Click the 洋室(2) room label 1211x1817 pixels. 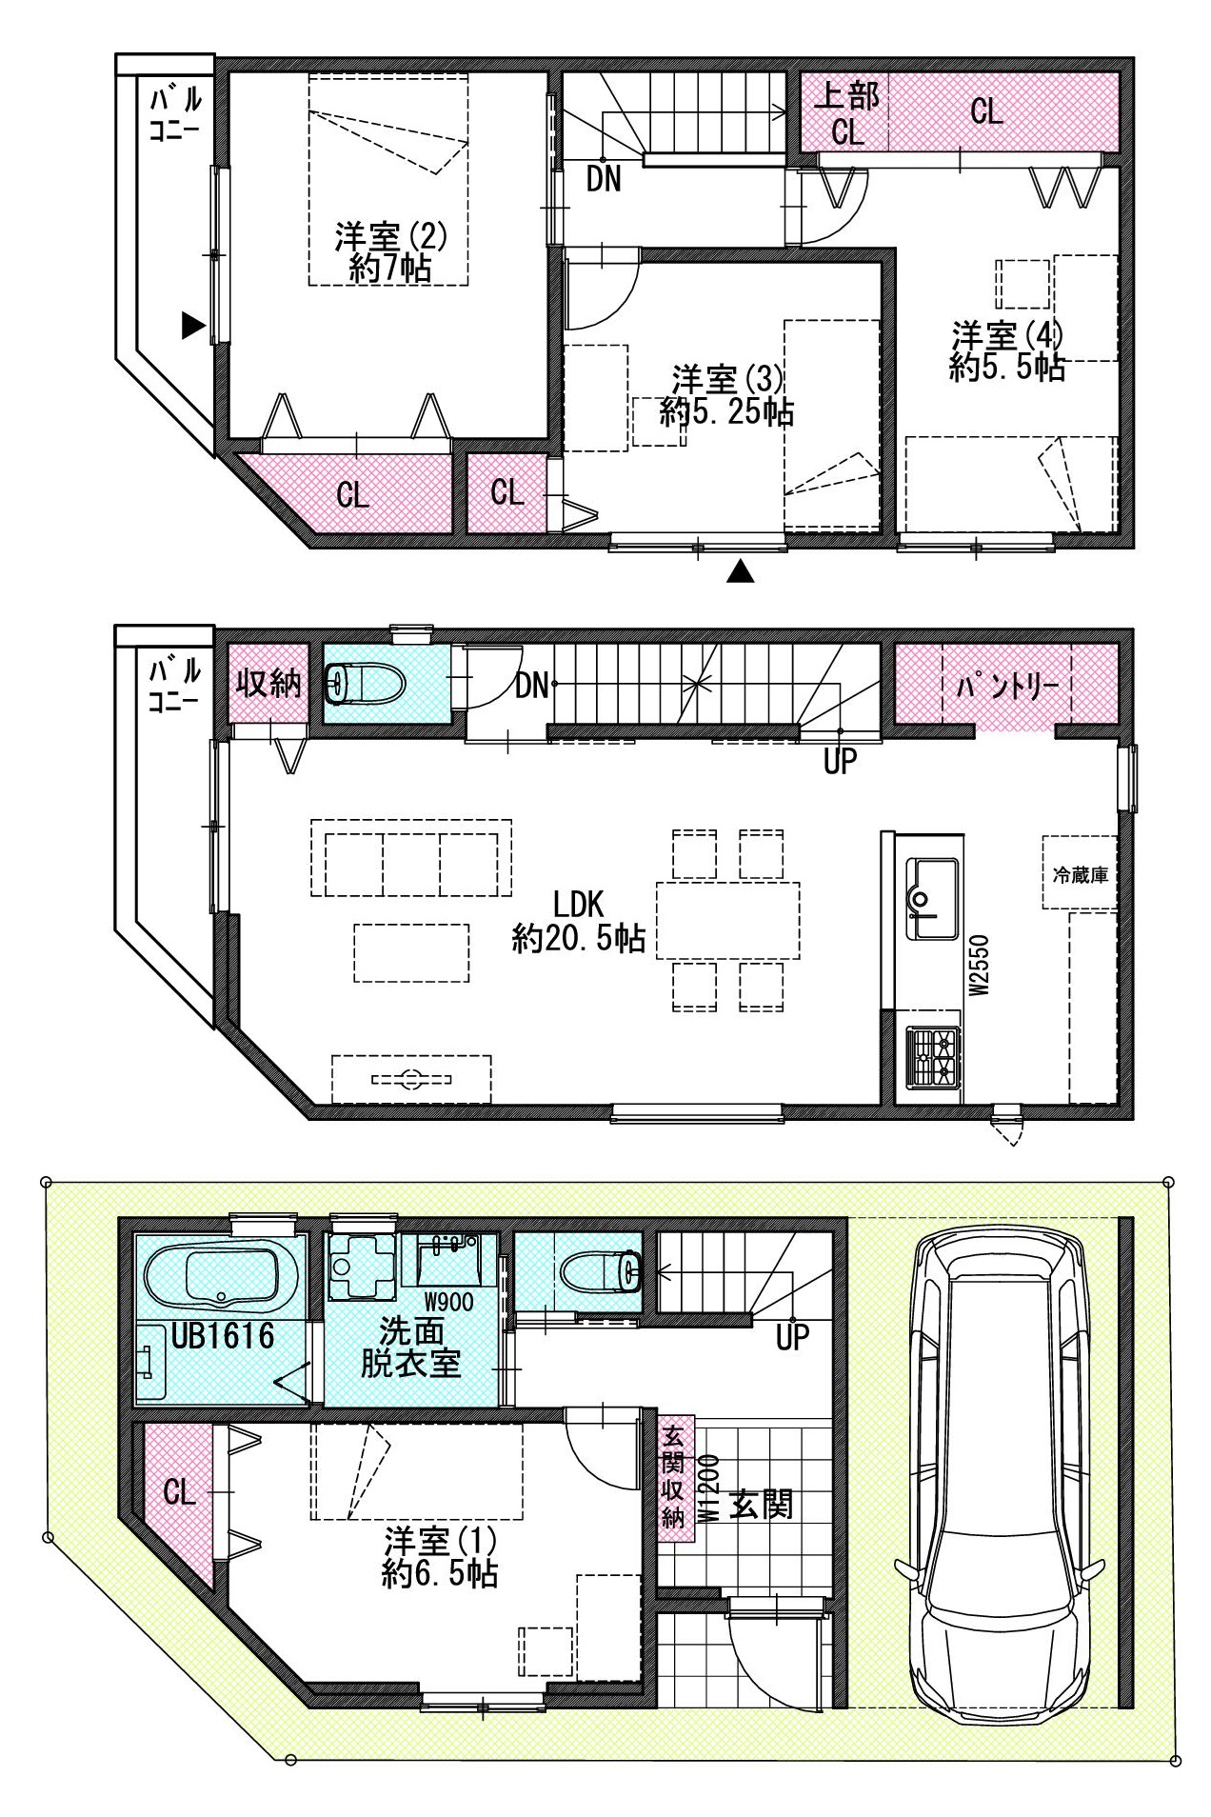pos(390,251)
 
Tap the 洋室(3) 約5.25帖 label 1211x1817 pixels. pos(727,395)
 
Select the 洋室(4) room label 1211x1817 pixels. pos(1007,351)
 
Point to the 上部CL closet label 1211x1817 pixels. pos(847,112)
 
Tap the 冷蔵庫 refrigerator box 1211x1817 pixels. pos(1080,872)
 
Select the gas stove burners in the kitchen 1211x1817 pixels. pos(932,1057)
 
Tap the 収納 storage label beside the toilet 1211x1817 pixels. pos(269,683)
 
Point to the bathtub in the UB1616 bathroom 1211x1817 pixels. pos(223,1277)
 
